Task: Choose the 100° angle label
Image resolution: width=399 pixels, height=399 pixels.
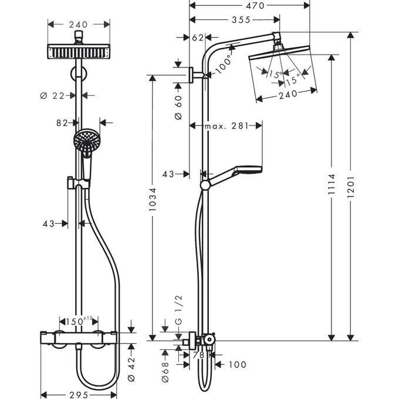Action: coord(224,64)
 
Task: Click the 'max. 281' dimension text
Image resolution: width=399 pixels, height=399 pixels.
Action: coord(226,126)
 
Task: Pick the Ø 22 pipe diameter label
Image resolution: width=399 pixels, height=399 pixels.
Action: coord(55,95)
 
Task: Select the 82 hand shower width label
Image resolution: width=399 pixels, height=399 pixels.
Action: coord(62,123)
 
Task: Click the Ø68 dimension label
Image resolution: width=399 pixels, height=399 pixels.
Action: coord(166,369)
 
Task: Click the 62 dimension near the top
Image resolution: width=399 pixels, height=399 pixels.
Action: coord(198,38)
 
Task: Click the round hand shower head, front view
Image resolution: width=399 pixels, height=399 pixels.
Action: coord(84,141)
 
